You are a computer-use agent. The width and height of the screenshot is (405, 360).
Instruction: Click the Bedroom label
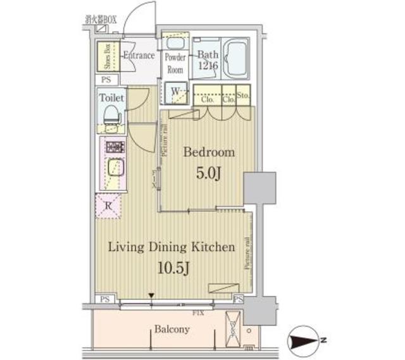pos(209,152)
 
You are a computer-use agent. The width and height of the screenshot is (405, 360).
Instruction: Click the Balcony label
pos(171,330)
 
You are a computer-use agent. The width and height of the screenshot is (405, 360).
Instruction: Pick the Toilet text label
pos(111,98)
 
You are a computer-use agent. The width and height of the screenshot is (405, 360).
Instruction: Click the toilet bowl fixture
pos(110,116)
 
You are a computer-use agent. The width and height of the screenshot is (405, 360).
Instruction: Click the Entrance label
pos(139,56)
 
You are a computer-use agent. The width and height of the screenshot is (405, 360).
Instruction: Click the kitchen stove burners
pos(113,149)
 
